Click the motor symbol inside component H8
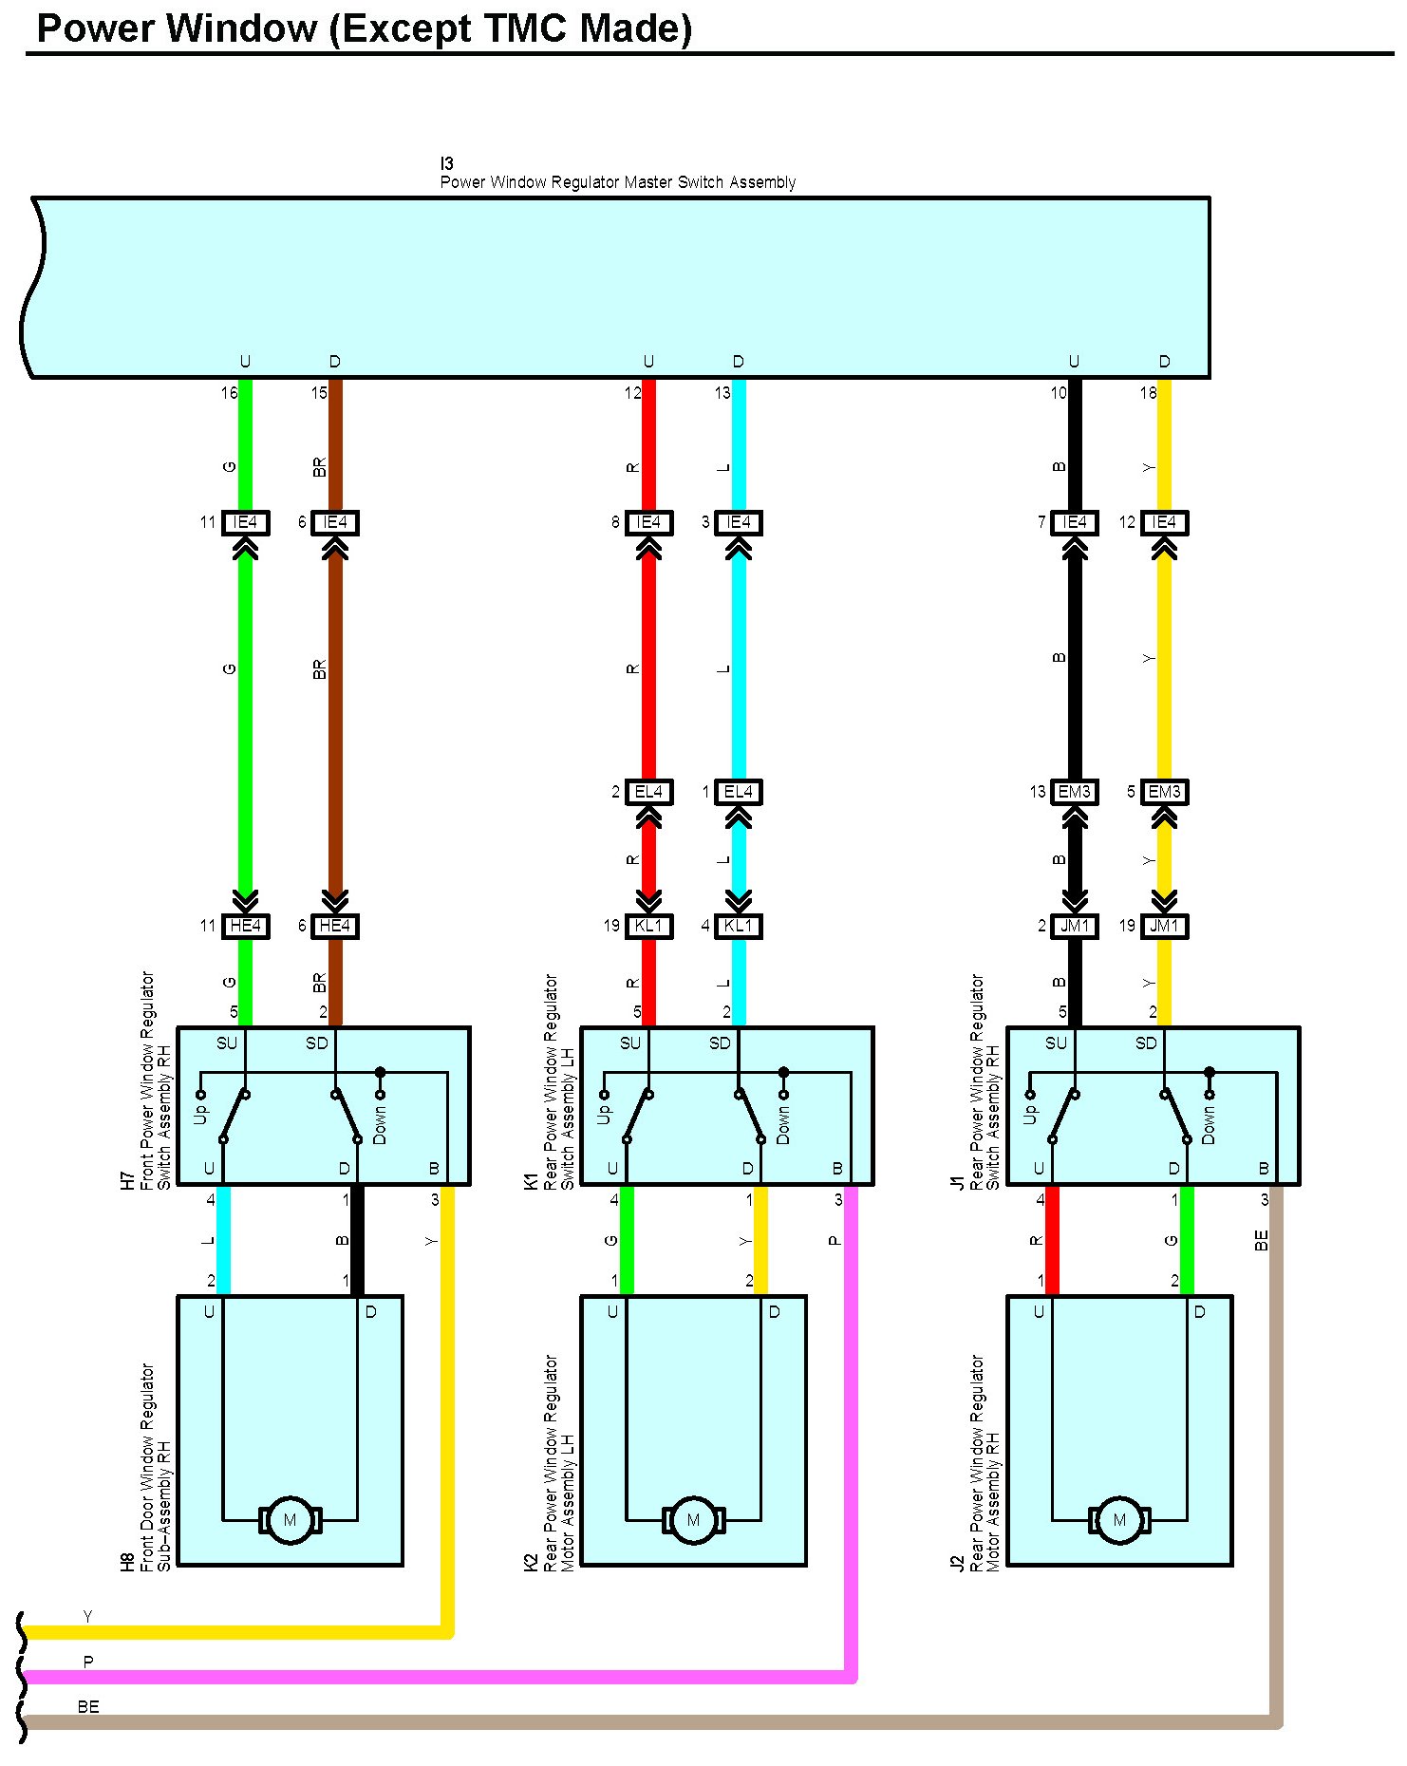[x=290, y=1520]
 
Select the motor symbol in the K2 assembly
[x=693, y=1520]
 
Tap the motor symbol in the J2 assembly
[x=1119, y=1520]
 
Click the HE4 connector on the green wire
[x=245, y=926]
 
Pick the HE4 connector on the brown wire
[x=335, y=926]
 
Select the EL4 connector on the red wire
[x=648, y=792]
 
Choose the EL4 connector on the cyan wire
[x=738, y=792]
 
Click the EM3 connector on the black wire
[x=1075, y=792]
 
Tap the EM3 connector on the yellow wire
[x=1164, y=792]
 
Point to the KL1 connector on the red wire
[x=648, y=926]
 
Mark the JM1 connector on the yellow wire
[x=1164, y=926]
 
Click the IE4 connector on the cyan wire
[x=738, y=522]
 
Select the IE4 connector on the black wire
[x=1075, y=522]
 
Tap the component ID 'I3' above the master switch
[x=446, y=163]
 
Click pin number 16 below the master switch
[x=229, y=392]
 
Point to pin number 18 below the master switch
[x=1148, y=392]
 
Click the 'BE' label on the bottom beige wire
[x=88, y=1706]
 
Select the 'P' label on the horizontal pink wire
[x=88, y=1662]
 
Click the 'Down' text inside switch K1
[x=783, y=1124]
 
